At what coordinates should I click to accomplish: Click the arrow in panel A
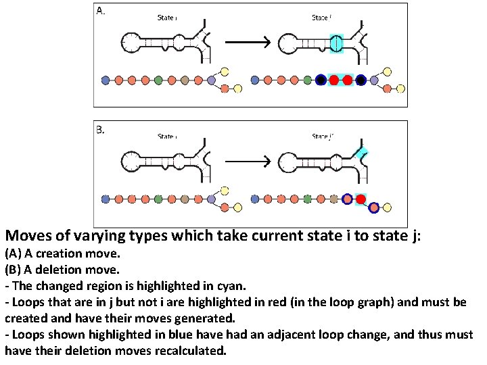(247, 43)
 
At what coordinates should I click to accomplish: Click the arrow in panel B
(247, 161)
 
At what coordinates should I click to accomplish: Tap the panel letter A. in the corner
(101, 11)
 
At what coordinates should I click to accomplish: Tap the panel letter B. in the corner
(101, 129)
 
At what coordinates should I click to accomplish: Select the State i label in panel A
(167, 18)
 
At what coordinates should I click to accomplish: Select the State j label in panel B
(322, 136)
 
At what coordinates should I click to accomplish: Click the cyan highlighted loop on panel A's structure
(337, 43)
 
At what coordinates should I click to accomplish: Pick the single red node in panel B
(361, 199)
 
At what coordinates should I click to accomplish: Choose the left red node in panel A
(334, 80)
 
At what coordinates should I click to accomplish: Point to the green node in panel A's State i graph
(158, 80)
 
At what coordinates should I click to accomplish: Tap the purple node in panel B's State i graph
(212, 199)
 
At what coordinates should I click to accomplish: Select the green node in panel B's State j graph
(308, 199)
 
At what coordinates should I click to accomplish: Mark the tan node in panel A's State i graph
(185, 80)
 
